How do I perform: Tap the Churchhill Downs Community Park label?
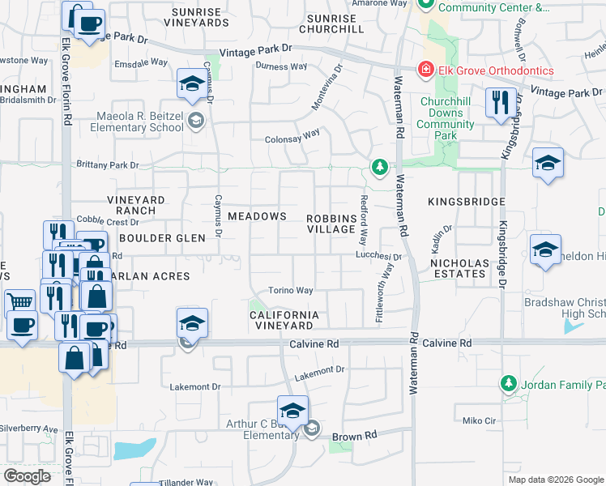point(446,118)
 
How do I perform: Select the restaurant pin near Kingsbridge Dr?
point(499,102)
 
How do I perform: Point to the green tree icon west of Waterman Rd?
point(378,167)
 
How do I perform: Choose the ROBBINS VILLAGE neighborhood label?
point(332,224)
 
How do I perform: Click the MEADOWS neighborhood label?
point(257,216)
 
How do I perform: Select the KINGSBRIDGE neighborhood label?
point(467,201)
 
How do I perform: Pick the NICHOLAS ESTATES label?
point(460,269)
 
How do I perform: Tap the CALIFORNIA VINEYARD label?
point(283,319)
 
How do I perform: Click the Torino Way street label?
point(291,291)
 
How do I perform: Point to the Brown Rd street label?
point(355,436)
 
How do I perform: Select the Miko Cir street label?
point(478,420)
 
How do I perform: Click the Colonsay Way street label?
point(292,139)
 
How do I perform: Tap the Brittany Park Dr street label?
point(105,165)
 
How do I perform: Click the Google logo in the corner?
point(27,476)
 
